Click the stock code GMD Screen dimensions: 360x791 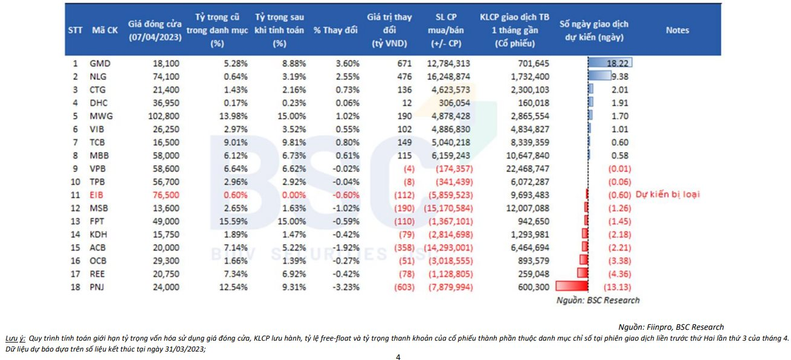[x=100, y=63]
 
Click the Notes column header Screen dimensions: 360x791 [x=677, y=30]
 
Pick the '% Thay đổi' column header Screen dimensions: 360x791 [x=335, y=31]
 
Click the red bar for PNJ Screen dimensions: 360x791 [x=571, y=286]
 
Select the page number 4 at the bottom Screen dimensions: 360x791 [x=398, y=356]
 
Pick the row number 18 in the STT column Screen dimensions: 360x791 [x=75, y=287]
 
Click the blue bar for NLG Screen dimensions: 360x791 [x=599, y=76]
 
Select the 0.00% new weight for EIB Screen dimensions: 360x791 [x=292, y=194]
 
